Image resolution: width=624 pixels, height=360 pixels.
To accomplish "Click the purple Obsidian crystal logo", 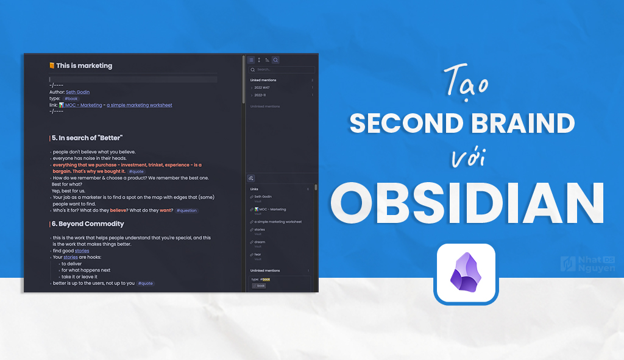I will point(466,274).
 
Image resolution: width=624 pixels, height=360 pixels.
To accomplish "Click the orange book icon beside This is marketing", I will point(52,66).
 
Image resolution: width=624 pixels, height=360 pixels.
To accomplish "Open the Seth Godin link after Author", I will point(77,92).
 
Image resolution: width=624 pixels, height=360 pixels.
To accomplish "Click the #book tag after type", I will point(71,99).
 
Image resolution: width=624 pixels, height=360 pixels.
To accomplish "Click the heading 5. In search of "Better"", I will point(87,138).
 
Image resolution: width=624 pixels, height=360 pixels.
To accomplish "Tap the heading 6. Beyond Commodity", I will point(88,224).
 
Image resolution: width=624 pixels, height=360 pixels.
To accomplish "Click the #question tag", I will point(186,210).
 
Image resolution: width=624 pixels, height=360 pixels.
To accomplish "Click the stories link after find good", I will point(82,250).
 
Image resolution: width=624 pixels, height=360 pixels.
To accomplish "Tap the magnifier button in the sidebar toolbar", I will point(275,60).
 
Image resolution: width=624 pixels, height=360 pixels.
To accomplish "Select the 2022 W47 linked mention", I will point(263,88).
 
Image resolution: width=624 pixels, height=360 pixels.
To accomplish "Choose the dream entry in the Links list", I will point(260,242).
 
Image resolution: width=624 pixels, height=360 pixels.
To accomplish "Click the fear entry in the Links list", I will point(258,254).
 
